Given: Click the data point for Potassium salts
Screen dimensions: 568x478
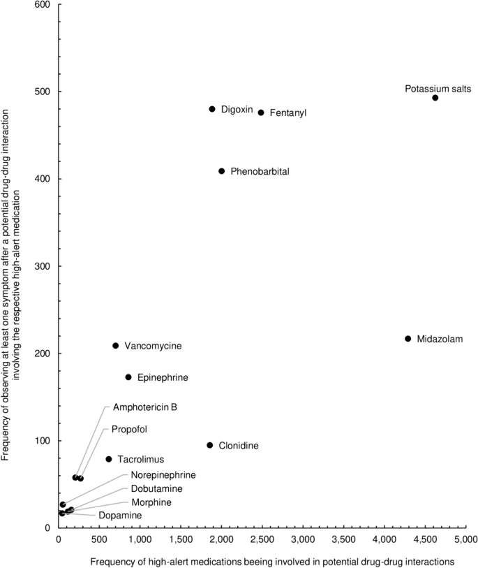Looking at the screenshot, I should [x=435, y=98].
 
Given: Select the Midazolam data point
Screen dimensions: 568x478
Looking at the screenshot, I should [x=408, y=339].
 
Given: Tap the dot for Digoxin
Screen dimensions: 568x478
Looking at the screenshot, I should [x=212, y=109].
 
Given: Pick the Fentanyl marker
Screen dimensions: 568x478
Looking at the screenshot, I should [x=261, y=112].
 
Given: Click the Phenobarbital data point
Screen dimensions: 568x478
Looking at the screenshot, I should [x=222, y=171].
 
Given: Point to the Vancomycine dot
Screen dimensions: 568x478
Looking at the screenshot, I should [x=116, y=346].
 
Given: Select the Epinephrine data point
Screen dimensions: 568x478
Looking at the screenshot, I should [x=128, y=377].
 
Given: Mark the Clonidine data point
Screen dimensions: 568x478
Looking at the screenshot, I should [x=210, y=445].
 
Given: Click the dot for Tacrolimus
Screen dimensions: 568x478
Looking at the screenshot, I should [x=109, y=459].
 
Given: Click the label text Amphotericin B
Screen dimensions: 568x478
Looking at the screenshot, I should [x=144, y=407].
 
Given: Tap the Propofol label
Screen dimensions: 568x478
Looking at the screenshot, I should [x=129, y=429].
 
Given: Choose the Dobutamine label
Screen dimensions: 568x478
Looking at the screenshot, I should [x=156, y=488].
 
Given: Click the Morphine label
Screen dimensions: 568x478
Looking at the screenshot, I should [x=151, y=502].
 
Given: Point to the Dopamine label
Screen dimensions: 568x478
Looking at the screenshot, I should [x=119, y=516].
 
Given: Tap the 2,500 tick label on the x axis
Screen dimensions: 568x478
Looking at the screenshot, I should [x=262, y=539].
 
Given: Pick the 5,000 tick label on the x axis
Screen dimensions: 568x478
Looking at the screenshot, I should [x=465, y=539].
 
